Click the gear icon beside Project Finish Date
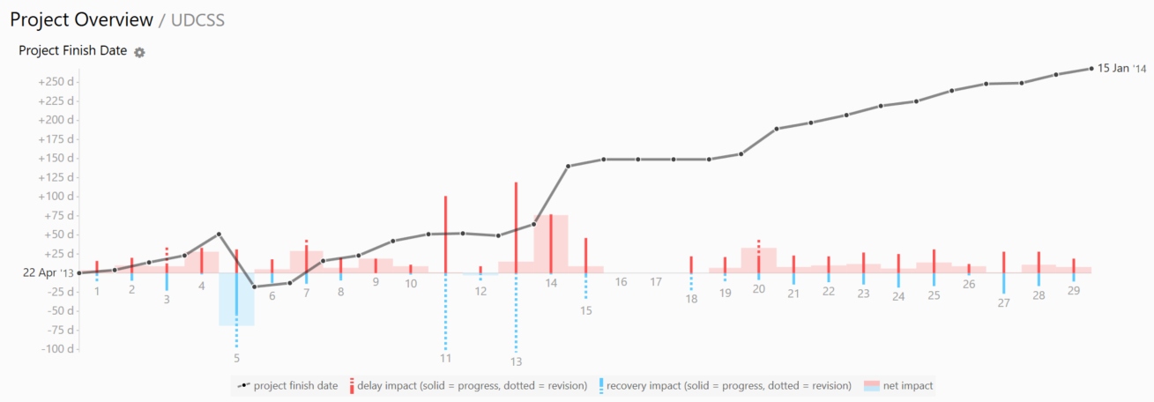point(139,52)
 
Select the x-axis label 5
point(236,358)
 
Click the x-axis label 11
point(445,358)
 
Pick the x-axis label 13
point(516,361)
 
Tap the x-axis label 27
point(1003,302)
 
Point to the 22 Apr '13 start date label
point(48,273)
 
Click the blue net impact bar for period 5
point(236,300)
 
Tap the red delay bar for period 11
point(445,234)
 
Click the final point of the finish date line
point(1091,69)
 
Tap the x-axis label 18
point(691,299)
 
